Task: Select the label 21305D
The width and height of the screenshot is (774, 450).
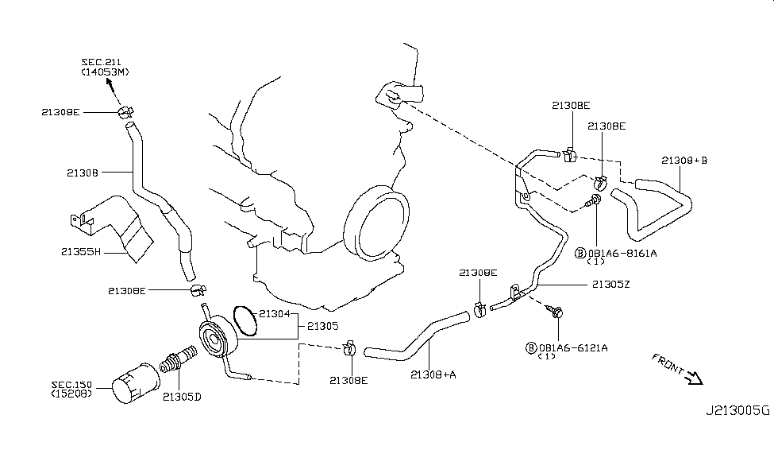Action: click(x=181, y=395)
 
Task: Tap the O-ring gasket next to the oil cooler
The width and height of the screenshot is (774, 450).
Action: click(x=245, y=323)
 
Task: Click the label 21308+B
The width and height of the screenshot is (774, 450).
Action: click(x=684, y=160)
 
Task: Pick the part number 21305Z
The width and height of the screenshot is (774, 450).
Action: click(x=610, y=283)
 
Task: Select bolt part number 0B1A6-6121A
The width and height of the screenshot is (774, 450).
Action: click(x=573, y=347)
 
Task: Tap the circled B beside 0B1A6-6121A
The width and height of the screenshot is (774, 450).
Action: click(x=530, y=347)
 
